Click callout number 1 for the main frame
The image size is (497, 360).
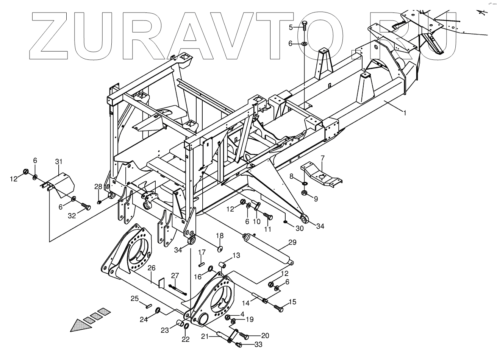click(405, 113)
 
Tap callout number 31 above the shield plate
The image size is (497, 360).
click(58, 162)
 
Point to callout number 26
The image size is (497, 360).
click(152, 268)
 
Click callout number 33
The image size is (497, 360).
click(258, 344)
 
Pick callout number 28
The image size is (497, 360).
click(98, 186)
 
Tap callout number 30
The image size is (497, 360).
click(299, 229)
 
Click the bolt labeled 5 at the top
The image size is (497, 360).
click(305, 26)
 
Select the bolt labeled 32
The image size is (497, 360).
click(86, 207)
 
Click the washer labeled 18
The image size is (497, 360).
click(220, 248)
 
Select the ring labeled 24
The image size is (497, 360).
click(158, 311)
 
